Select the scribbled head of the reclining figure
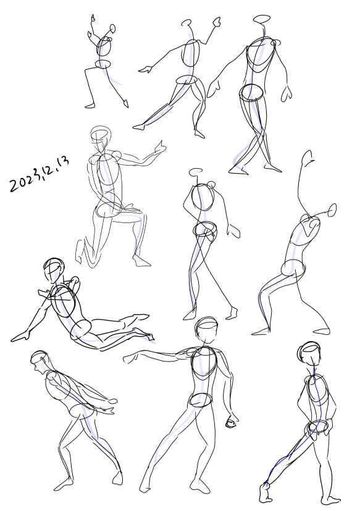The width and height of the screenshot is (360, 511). point(54,270)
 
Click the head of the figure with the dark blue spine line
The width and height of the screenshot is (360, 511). point(309,353)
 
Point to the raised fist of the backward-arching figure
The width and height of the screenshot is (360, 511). point(308,158)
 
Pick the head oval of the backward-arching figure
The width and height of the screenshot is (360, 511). point(332,210)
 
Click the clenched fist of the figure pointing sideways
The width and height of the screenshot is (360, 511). point(231,423)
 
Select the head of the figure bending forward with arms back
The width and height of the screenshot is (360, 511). point(40,361)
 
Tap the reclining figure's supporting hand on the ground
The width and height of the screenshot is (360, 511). point(21,336)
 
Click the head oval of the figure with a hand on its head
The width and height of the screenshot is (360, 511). point(196,171)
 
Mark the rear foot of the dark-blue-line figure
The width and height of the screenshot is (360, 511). point(266,492)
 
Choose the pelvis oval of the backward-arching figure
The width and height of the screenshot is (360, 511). point(293,268)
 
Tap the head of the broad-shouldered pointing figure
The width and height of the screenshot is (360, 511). point(207,329)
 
